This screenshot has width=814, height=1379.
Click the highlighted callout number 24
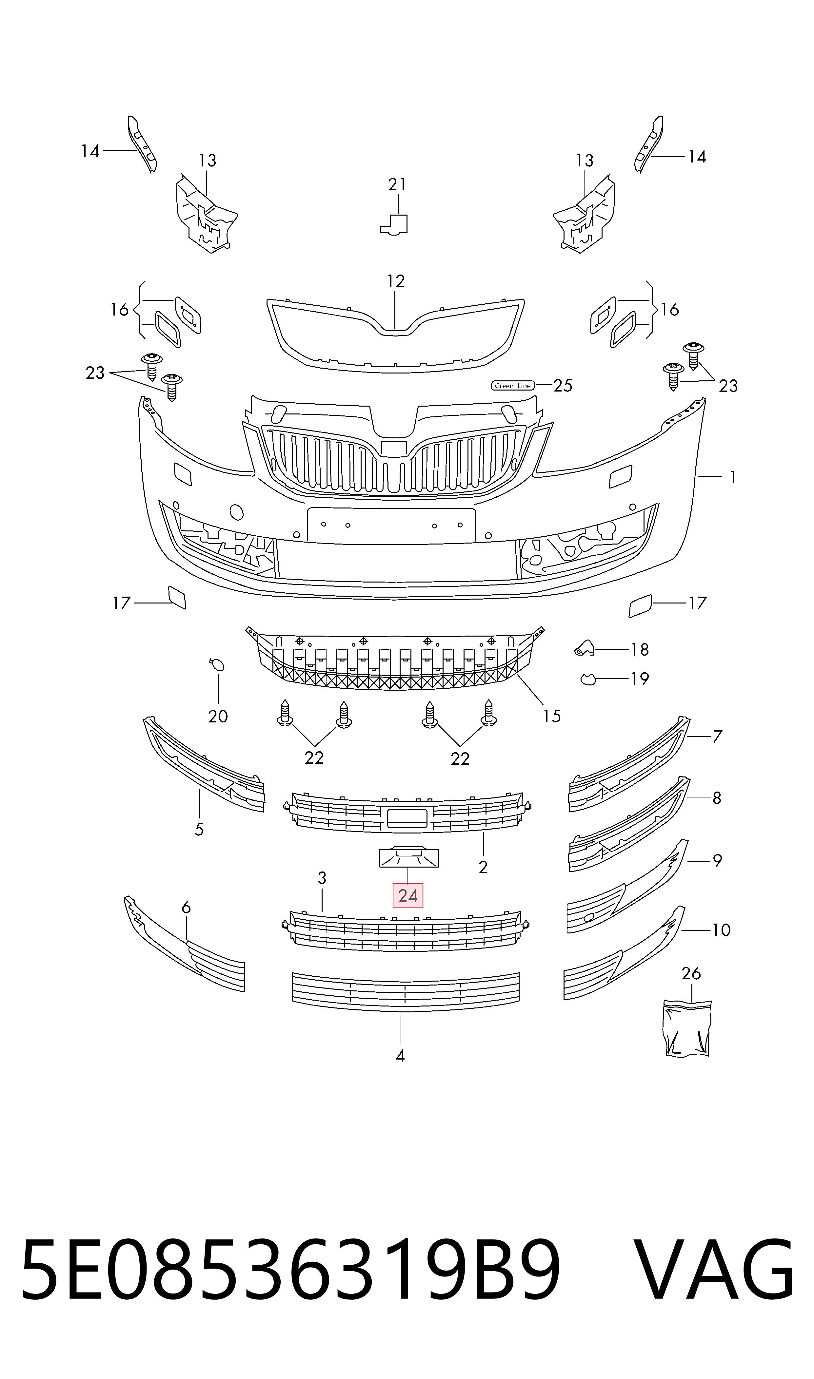click(x=407, y=896)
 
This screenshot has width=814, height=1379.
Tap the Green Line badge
click(x=512, y=386)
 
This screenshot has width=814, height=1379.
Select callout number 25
click(x=563, y=386)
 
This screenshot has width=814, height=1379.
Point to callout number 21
click(x=397, y=185)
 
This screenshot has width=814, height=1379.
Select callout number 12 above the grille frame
click(x=395, y=281)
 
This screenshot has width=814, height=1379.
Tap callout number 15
click(x=552, y=716)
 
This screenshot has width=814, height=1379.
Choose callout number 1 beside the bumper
click(x=732, y=477)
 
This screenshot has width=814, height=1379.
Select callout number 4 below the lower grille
click(x=400, y=1056)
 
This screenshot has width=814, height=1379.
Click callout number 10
click(x=721, y=930)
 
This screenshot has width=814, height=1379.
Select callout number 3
click(x=322, y=878)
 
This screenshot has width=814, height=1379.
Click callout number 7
click(x=717, y=737)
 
